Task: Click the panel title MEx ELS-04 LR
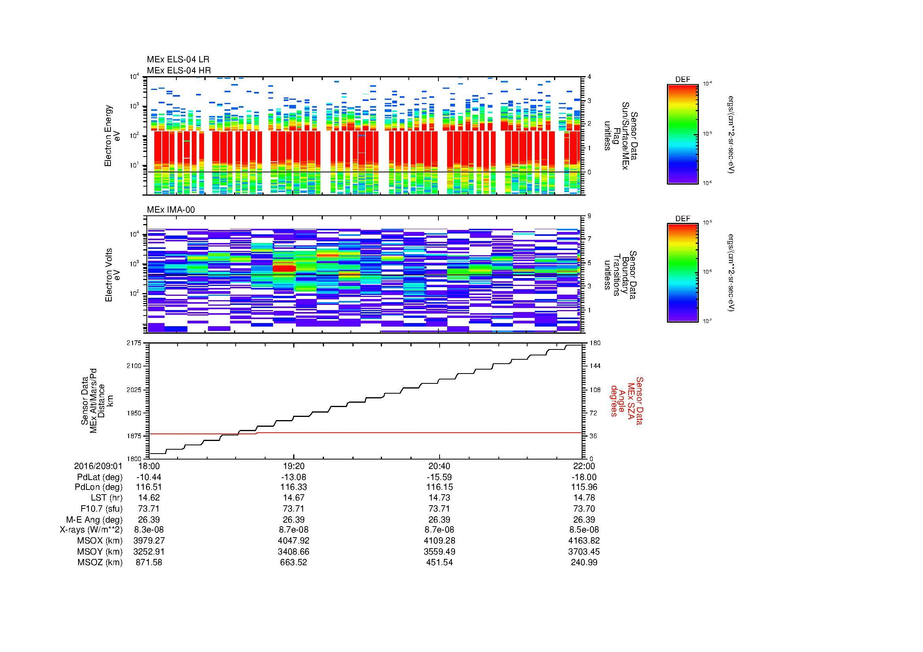coord(178,60)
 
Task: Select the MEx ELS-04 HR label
coord(178,70)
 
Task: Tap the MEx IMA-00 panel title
coord(170,210)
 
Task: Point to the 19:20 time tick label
coord(294,466)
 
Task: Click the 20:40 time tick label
coord(439,466)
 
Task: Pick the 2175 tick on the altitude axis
coord(134,343)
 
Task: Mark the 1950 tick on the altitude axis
coord(134,413)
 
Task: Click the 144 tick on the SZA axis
coord(595,366)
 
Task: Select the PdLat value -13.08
coord(294,477)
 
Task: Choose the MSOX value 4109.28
coord(439,541)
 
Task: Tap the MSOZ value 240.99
coord(584,562)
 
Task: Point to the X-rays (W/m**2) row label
coord(91,530)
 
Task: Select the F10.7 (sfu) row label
coord(101,508)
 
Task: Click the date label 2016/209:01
coord(98,466)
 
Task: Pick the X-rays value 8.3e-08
coord(148,530)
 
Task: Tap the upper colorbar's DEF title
coord(683,80)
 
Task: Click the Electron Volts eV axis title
coord(112,275)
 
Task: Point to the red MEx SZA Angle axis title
coord(626,400)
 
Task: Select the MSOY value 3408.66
coord(294,551)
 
